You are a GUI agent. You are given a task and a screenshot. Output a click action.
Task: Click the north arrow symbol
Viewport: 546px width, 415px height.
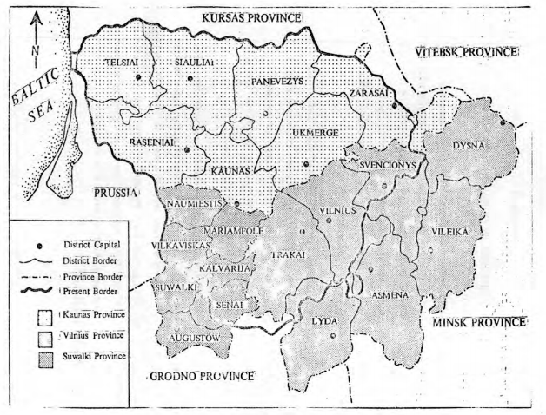click(x=33, y=38)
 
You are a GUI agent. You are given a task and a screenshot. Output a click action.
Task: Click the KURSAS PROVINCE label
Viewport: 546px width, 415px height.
click(x=250, y=18)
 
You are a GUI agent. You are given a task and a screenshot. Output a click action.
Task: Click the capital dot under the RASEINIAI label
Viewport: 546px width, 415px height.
click(x=186, y=150)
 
